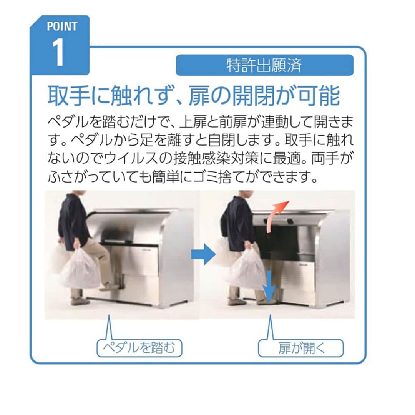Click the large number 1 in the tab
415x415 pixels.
tap(58, 52)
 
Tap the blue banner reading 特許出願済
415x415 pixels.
tap(264, 65)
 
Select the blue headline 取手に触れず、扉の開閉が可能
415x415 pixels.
tap(193, 96)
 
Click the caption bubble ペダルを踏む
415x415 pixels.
tap(139, 348)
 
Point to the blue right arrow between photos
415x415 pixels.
tap(203, 254)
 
